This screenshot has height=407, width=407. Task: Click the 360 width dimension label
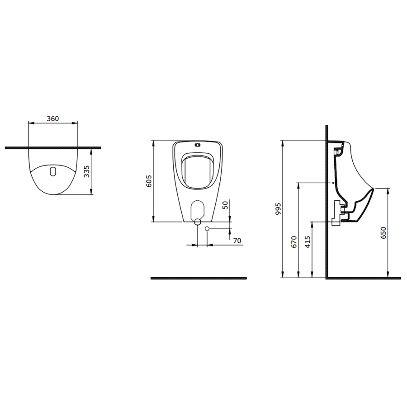tap(53, 118)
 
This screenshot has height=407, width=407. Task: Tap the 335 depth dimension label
tap(87, 171)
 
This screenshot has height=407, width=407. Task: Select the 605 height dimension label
tap(149, 181)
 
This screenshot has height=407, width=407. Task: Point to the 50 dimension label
tap(226, 205)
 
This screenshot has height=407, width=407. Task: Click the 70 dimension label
tap(237, 241)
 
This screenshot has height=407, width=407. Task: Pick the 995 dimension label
tap(278, 208)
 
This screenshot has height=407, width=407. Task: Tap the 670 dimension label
tap(294, 241)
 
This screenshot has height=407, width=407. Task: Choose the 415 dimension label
tap(308, 241)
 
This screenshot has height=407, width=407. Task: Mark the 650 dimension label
tap(383, 233)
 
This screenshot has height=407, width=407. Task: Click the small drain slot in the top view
tap(53, 171)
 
